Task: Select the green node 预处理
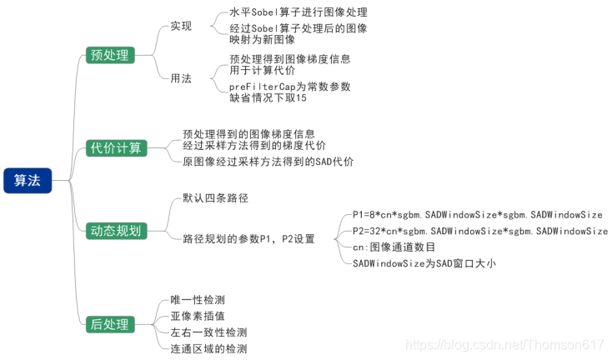109,55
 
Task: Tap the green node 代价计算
117,148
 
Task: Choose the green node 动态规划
117,231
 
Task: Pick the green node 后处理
109,324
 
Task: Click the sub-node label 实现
181,26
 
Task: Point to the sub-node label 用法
181,78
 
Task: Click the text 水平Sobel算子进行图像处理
298,12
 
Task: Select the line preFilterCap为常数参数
289,86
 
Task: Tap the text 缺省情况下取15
268,97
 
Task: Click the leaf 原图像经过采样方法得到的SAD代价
268,162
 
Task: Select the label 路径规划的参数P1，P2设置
248,239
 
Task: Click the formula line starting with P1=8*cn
477,214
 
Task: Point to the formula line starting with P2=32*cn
480,231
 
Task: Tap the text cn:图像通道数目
393,247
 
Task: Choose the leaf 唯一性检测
197,299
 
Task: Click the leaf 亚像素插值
197,316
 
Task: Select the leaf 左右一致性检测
208,332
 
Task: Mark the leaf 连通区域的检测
208,349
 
